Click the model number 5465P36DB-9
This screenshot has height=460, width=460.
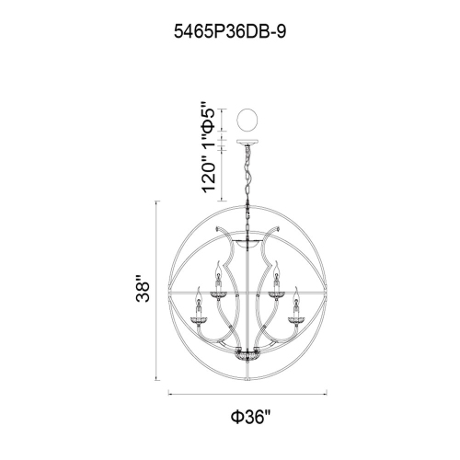(x=230, y=31)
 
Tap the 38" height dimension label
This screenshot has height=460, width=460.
(x=143, y=289)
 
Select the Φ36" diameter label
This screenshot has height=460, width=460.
(x=251, y=417)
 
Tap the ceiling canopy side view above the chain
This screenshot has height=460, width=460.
(x=247, y=143)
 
